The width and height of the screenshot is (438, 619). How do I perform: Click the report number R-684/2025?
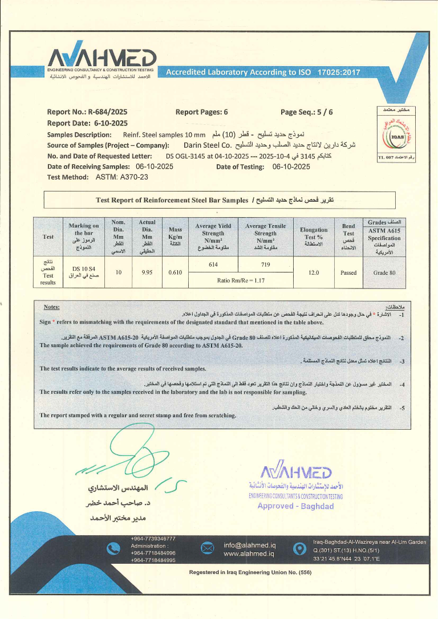(x=108, y=112)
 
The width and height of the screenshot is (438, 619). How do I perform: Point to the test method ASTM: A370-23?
(x=113, y=177)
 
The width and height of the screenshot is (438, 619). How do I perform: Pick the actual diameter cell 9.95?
(x=147, y=272)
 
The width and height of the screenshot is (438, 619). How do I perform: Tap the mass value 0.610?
(x=175, y=272)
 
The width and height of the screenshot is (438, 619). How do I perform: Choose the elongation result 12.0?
(x=313, y=272)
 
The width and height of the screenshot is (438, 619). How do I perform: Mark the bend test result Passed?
(x=348, y=272)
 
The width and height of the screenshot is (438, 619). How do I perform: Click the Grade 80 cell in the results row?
(x=384, y=272)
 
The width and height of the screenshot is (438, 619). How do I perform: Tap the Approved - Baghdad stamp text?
(x=295, y=506)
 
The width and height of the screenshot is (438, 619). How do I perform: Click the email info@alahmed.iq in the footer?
(x=249, y=544)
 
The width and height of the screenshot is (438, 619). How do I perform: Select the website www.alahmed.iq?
(x=249, y=553)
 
